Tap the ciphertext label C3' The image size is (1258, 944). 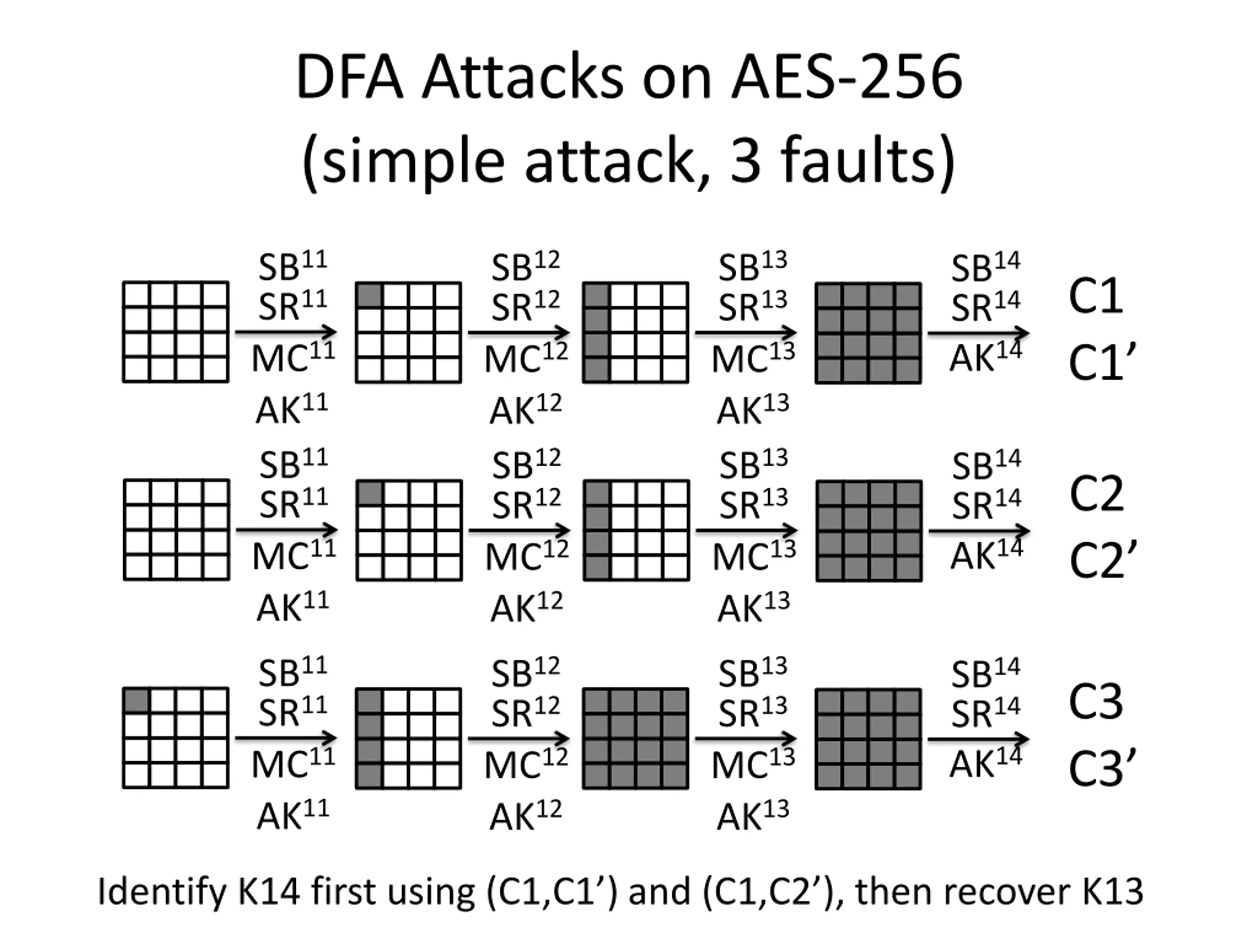pos(1102,767)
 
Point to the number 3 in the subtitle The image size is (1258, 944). pos(745,161)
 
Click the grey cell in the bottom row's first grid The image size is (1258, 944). pos(137,701)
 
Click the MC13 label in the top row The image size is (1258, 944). pos(753,357)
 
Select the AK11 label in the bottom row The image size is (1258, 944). pos(292,814)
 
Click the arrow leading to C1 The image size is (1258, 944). pos(978,333)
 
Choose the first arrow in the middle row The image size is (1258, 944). pos(286,531)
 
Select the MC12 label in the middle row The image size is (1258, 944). pos(527,556)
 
